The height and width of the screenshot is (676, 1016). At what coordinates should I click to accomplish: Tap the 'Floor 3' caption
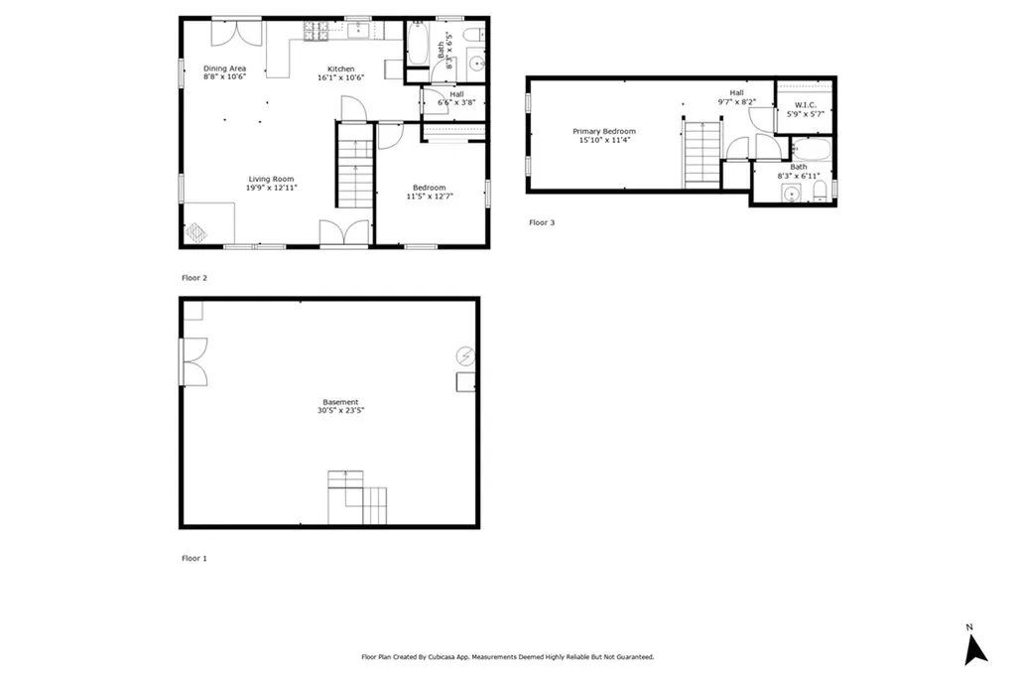coord(542,222)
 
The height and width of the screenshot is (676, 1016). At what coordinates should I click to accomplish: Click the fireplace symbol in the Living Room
coord(196,231)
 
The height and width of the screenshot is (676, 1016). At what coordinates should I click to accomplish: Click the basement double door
coord(193,361)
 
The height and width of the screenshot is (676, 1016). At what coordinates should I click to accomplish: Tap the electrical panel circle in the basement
coord(463,354)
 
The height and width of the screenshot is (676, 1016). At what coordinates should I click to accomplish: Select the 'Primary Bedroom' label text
coord(604,131)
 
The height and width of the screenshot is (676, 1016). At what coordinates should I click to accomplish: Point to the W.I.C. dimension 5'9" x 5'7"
coord(805,114)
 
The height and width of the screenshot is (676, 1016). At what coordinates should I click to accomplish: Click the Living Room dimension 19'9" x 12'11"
coord(272,187)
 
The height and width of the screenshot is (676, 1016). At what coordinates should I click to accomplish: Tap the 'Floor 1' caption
coord(193,558)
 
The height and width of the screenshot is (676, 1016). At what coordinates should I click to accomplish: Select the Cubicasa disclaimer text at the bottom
coord(507,657)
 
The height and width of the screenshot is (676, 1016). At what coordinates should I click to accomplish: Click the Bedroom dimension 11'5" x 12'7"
coord(430,197)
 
